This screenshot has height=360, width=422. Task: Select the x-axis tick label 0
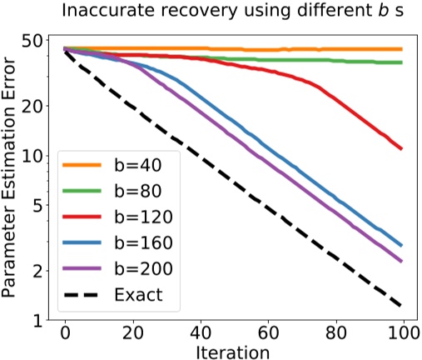pos(65,332)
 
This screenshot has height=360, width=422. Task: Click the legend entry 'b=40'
pos(138,164)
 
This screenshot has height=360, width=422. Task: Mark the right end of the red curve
pos(402,148)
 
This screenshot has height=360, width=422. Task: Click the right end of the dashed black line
pos(402,305)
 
